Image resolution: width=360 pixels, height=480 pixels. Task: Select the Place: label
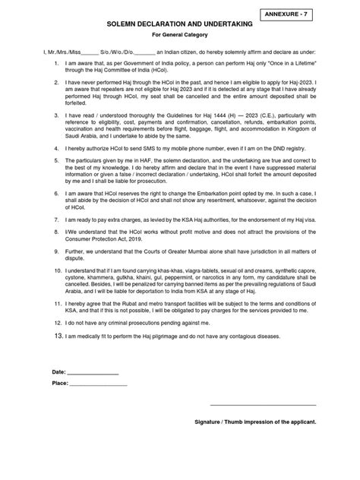(60, 383)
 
